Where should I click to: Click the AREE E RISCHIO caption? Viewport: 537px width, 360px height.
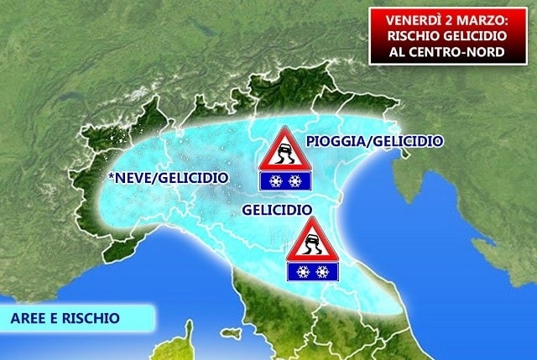[65, 318]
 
